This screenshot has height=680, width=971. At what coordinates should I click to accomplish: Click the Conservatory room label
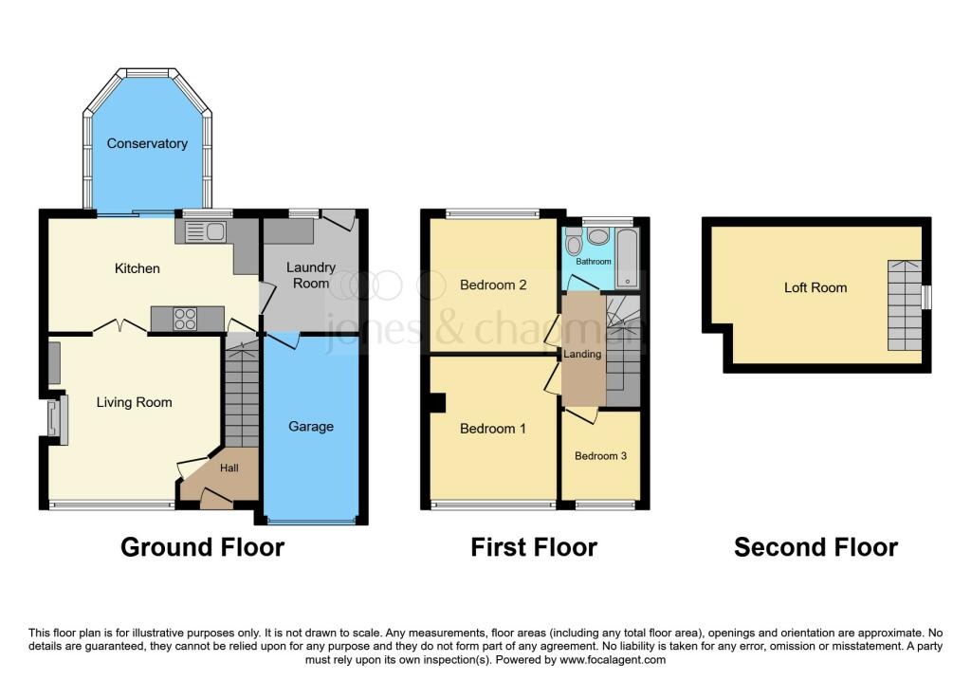pos(147,143)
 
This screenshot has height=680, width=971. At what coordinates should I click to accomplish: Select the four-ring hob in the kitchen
pos(185,320)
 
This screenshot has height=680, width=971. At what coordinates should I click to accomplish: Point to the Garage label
pos(311,426)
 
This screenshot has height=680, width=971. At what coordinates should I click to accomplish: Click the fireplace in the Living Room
pos(58,419)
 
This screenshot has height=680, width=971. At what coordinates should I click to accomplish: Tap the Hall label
pos(230,468)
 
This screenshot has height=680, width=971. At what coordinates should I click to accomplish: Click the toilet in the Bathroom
pos(575,244)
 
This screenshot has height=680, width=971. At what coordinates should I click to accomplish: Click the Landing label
pos(582,354)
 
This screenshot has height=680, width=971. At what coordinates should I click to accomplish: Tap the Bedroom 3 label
pos(600,455)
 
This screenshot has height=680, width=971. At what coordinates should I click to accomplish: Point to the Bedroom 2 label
pos(493,285)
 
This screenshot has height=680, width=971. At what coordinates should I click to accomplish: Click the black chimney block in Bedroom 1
pos(437,402)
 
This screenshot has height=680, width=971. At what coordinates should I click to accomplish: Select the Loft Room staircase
pos(904,303)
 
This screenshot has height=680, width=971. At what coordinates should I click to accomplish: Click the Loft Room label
pos(815,287)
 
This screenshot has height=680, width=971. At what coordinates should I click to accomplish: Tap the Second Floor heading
pos(815,547)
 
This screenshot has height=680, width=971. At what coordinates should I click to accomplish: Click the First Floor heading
pos(534,547)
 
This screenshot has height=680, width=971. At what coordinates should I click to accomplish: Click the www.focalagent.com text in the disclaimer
pos(612,659)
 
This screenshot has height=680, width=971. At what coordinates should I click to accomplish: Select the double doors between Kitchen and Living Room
pos(120,325)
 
